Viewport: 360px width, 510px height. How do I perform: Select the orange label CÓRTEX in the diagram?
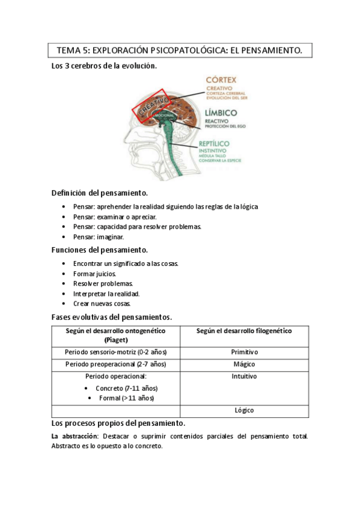click(x=221, y=79)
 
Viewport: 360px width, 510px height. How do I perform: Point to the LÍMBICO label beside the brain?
click(x=221, y=112)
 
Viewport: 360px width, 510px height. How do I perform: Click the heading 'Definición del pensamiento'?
click(x=99, y=193)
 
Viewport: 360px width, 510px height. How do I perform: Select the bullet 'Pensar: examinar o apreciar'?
click(x=115, y=217)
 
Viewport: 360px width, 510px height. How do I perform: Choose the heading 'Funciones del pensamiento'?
click(x=99, y=250)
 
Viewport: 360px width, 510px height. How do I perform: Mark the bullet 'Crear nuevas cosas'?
click(x=102, y=304)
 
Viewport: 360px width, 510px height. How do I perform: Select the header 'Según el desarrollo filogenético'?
click(x=244, y=331)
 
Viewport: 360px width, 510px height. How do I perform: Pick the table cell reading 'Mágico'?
click(x=244, y=364)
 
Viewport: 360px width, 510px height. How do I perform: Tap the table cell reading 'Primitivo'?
click(x=244, y=352)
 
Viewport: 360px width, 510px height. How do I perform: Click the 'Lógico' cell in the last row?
click(x=244, y=410)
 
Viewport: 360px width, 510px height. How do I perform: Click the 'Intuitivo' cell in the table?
click(x=244, y=377)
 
